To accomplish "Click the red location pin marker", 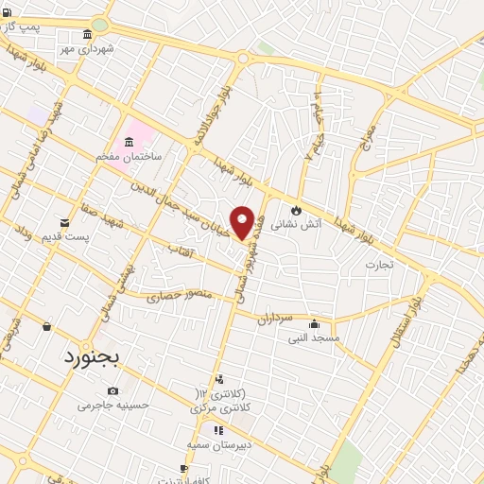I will click(242, 222).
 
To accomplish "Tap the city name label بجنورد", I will click(95, 358).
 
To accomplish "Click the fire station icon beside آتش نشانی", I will click(297, 210).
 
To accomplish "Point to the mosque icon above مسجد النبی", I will click(314, 323).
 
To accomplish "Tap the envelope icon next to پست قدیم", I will click(64, 222).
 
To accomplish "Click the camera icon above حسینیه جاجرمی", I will click(113, 391).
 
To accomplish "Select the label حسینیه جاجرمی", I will click(113, 405).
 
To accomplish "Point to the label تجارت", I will click(385, 265).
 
